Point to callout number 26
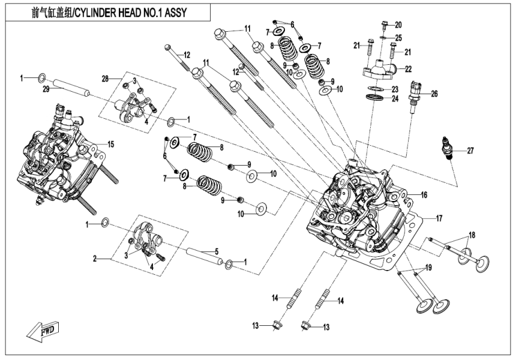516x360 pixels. [434, 94]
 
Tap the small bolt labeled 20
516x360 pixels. [385, 26]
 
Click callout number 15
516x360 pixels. [110, 143]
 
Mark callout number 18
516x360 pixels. [472, 235]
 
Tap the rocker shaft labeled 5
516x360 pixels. [202, 256]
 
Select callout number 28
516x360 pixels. [104, 79]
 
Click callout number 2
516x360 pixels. [95, 259]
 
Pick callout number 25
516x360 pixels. [398, 38]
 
